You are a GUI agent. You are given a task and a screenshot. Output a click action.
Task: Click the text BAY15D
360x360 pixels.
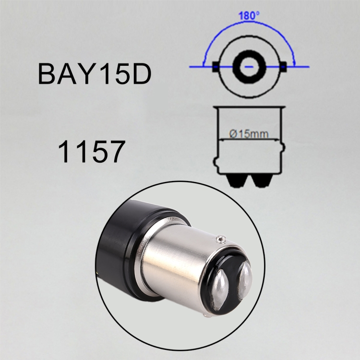(95, 74)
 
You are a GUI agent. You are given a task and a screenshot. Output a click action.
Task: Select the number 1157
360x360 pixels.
(91, 152)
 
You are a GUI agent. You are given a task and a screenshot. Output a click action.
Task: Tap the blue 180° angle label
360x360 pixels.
(249, 16)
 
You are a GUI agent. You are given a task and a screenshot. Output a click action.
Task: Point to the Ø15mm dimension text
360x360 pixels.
(249, 134)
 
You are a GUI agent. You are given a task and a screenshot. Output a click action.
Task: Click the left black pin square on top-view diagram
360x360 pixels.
(216, 67)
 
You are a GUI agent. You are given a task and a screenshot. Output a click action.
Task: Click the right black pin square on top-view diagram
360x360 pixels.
(283, 67)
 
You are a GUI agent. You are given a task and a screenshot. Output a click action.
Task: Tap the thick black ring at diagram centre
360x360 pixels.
(250, 67)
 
